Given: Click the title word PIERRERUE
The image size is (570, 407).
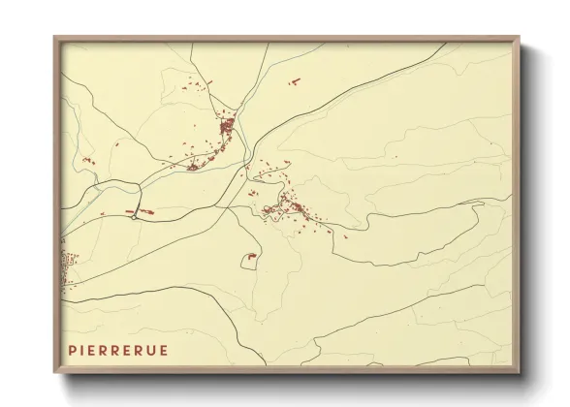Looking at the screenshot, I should [x=117, y=350].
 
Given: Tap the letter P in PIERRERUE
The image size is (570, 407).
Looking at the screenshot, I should [x=72, y=350].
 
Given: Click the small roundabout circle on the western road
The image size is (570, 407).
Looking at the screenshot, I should [x=133, y=216].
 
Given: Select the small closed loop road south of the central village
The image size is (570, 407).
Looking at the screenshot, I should [x=250, y=258].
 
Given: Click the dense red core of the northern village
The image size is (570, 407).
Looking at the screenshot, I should [x=227, y=126].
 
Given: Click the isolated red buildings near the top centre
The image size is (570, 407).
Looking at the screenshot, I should [x=295, y=83].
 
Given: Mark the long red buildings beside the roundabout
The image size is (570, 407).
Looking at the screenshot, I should [x=142, y=210].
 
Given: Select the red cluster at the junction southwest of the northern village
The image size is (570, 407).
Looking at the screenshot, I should [x=192, y=167].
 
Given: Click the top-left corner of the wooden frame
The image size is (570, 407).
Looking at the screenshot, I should [x=54, y=38].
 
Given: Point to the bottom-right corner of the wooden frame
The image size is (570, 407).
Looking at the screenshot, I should [x=520, y=373].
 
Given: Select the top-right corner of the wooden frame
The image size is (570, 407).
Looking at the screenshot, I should [x=520, y=38].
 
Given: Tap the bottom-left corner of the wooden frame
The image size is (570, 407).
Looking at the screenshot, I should [x=54, y=373].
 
